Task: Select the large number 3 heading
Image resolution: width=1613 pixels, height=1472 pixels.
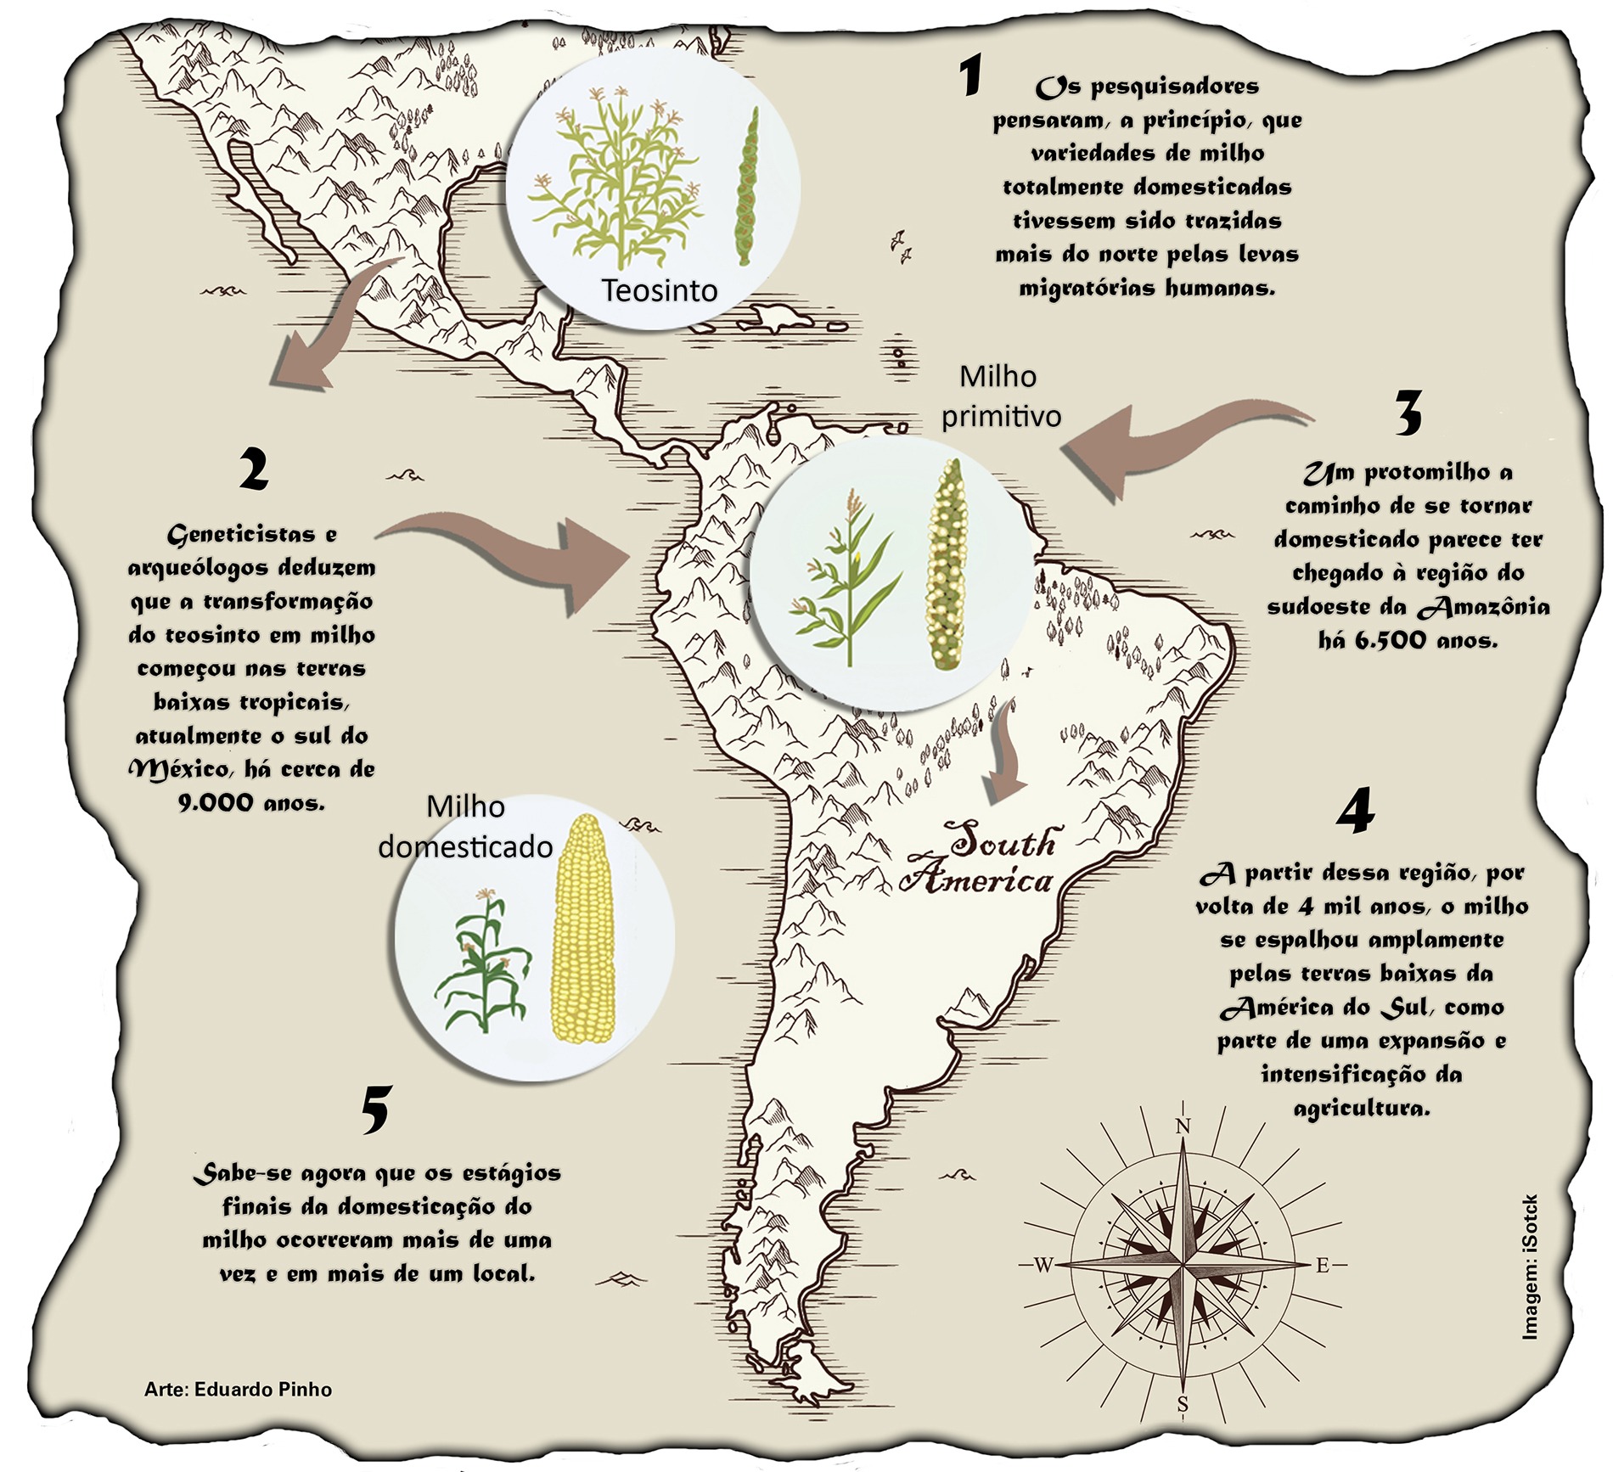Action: pyautogui.click(x=1408, y=413)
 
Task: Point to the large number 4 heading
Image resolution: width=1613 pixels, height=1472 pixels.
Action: pyautogui.click(x=1354, y=812)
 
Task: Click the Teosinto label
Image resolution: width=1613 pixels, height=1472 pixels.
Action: pyautogui.click(x=660, y=290)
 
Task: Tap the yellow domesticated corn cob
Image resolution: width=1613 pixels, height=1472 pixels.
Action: pyautogui.click(x=582, y=929)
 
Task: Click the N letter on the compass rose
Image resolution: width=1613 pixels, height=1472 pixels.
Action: pyautogui.click(x=1183, y=1126)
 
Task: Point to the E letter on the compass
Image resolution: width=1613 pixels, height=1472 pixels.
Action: pyautogui.click(x=1322, y=1266)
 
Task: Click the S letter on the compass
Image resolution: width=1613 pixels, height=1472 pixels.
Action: pyautogui.click(x=1182, y=1405)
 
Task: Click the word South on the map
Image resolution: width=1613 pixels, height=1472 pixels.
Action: pyautogui.click(x=1003, y=843)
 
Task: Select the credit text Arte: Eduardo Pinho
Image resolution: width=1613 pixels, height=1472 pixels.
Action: pyautogui.click(x=238, y=1390)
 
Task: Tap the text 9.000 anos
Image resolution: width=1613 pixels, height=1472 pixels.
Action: pyautogui.click(x=251, y=803)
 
